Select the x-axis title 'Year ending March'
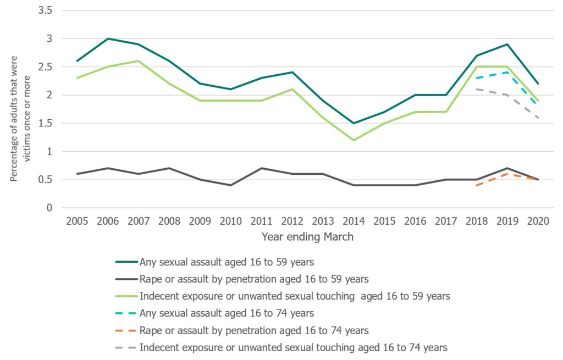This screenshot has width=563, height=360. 307,237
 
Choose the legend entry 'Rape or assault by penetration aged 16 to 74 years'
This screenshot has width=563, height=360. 253,330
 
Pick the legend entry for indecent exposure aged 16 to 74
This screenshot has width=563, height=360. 293,347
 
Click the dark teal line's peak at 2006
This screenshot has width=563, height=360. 108,38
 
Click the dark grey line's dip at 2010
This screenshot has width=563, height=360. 231,185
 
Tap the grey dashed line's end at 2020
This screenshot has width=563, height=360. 537,118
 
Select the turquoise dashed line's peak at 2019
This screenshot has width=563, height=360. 506,73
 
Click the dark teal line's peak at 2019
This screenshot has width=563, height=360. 506,44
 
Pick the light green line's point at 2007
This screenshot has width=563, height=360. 139,61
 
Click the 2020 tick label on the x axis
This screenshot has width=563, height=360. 537,221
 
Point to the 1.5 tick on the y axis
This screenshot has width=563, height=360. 48,123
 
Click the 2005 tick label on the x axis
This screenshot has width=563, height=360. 77,221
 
